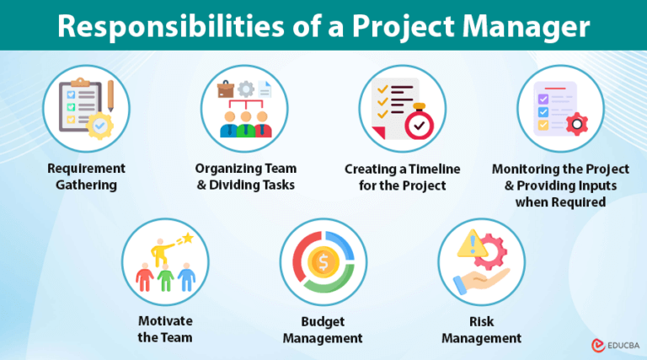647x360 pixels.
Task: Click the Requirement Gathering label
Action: point(86,177)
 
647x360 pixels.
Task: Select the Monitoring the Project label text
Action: point(560,169)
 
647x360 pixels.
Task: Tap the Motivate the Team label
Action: point(165,330)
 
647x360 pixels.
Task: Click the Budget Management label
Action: point(323,330)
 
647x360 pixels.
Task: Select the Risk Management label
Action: point(482,330)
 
